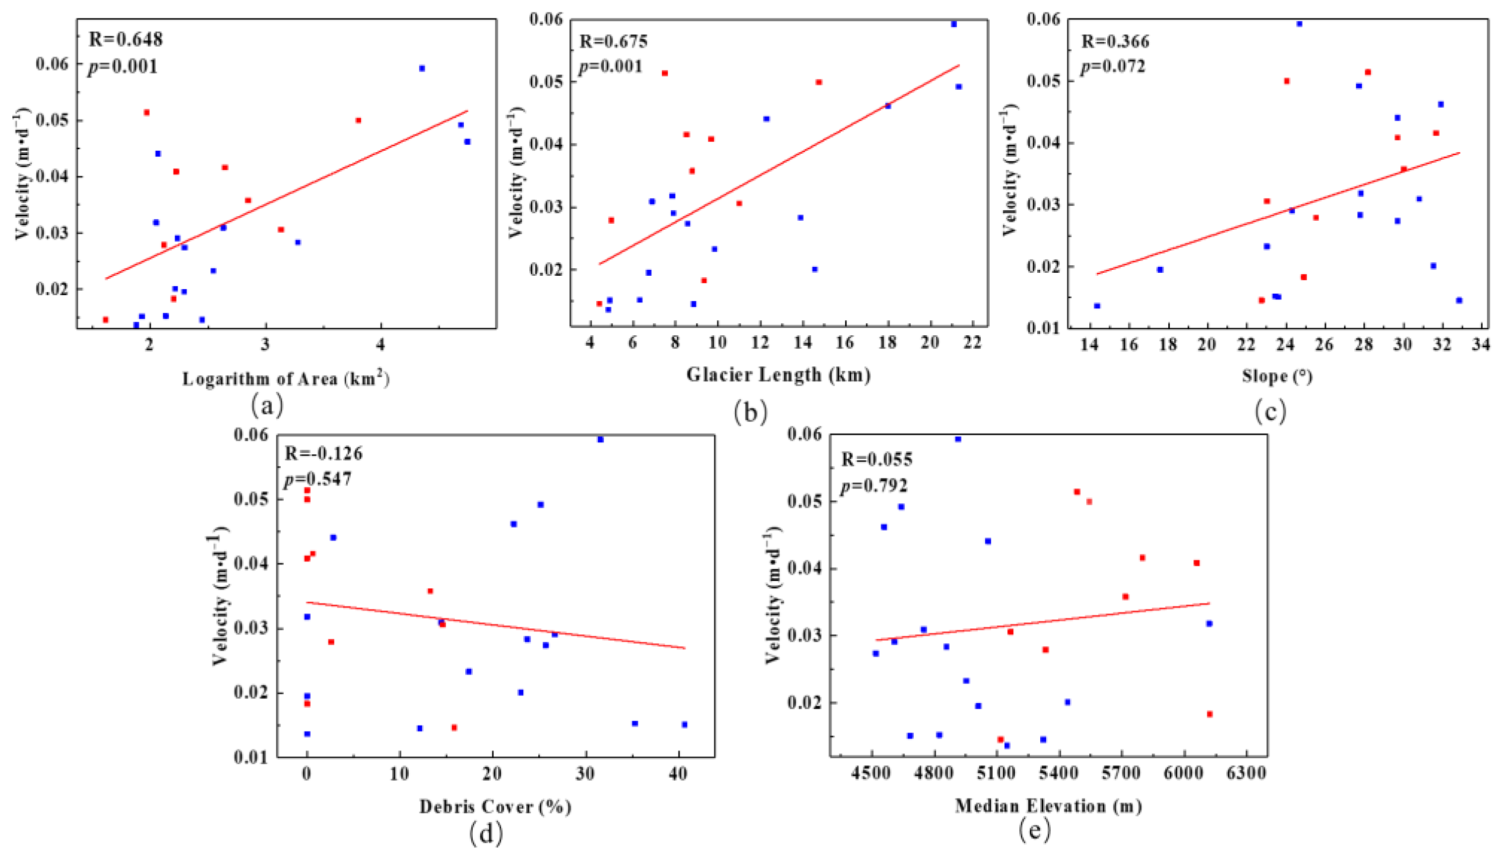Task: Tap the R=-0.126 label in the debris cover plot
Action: (x=323, y=453)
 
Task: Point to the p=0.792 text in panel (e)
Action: (x=874, y=486)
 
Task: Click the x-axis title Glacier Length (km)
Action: (x=778, y=374)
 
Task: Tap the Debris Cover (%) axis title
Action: (x=495, y=806)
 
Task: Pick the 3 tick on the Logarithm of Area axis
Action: (x=265, y=344)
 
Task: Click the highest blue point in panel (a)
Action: (x=422, y=68)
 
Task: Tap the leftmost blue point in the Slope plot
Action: (x=1096, y=306)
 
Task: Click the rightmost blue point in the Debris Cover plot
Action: (x=685, y=724)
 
